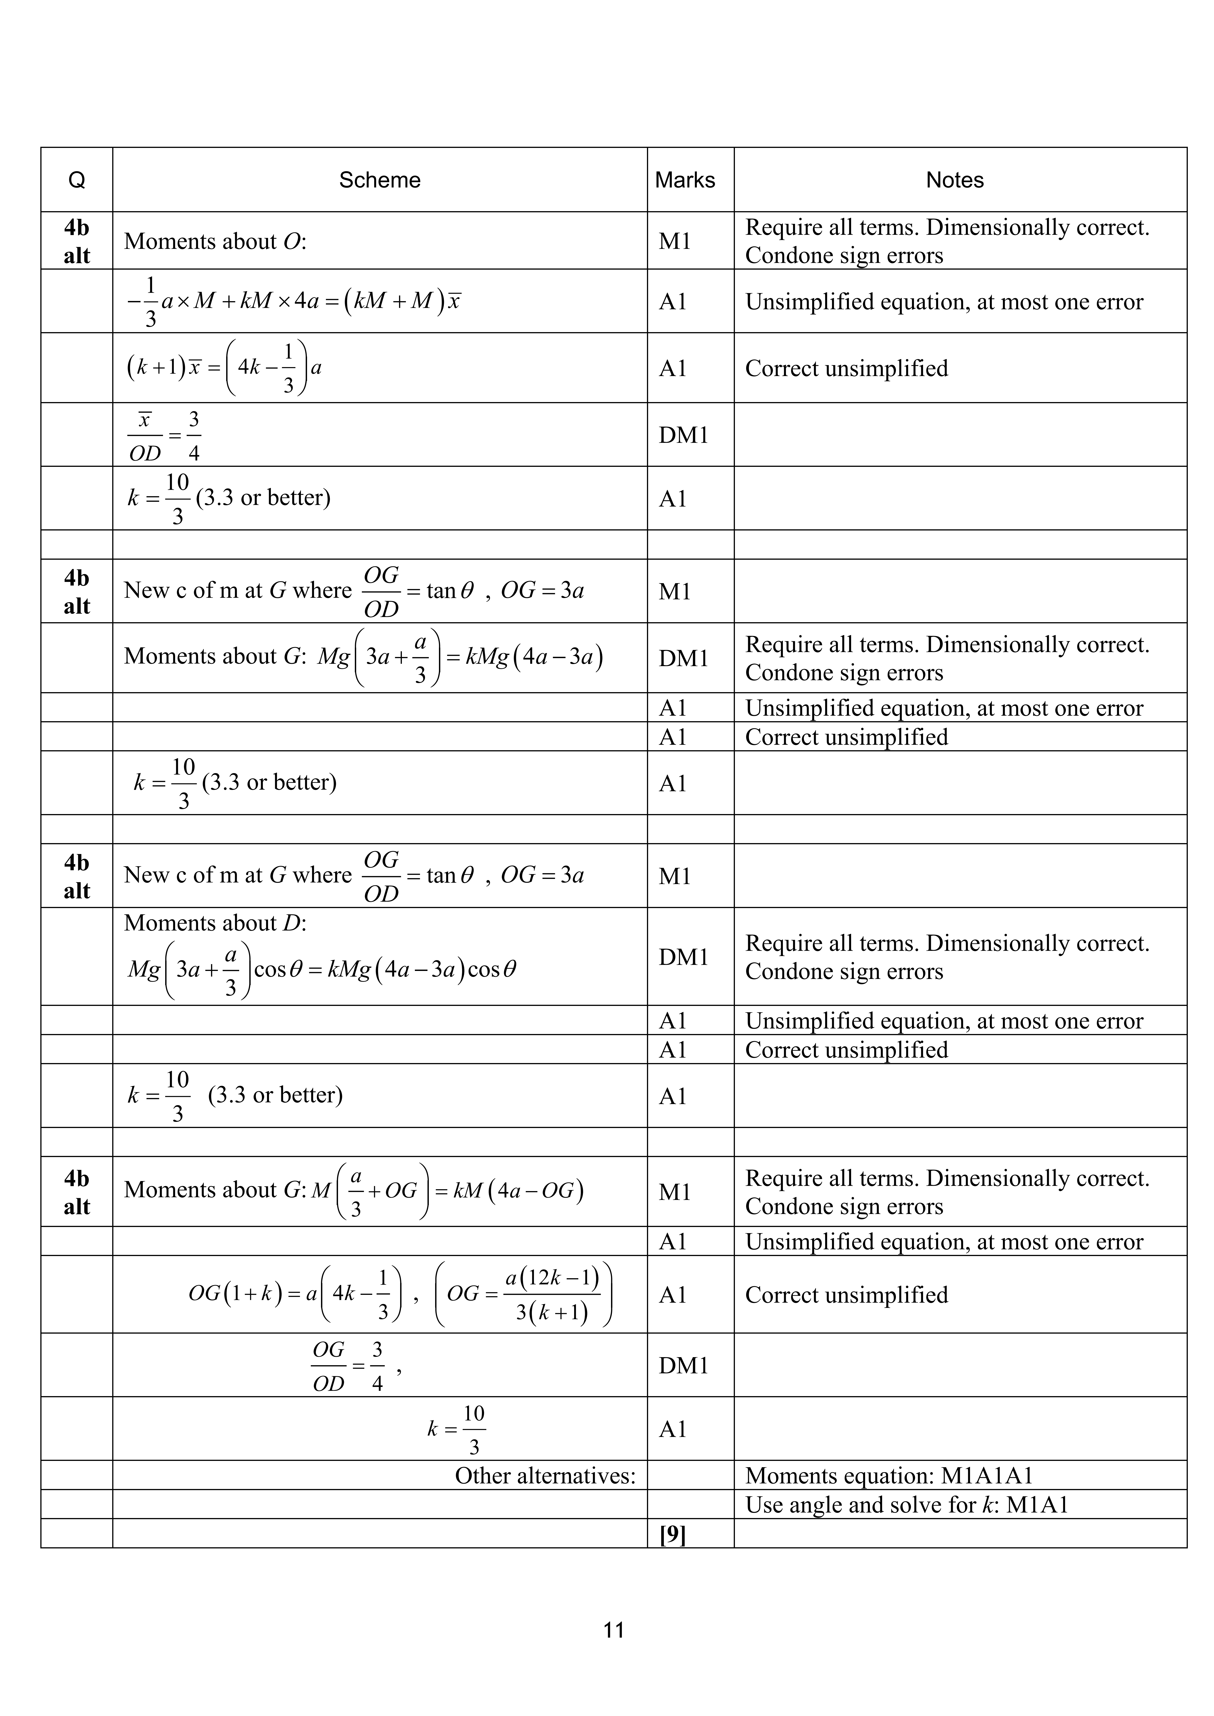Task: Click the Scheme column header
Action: (x=380, y=180)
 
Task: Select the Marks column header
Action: (x=685, y=180)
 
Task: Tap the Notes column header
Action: (x=955, y=180)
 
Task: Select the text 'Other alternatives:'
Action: (x=545, y=1476)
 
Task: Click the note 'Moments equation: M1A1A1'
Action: (x=889, y=1476)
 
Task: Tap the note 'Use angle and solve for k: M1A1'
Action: (x=906, y=1504)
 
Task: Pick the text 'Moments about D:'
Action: (x=215, y=923)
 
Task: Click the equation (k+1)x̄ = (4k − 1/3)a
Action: (x=224, y=368)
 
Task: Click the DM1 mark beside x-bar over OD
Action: (x=683, y=435)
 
